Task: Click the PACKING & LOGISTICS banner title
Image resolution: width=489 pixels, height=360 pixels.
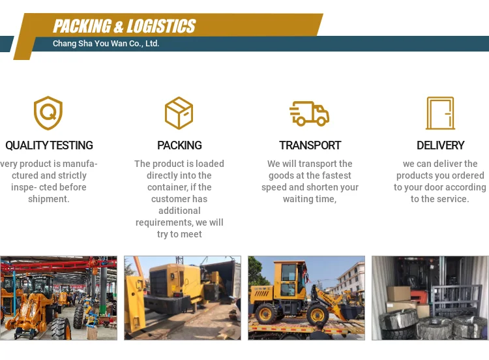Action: (x=124, y=26)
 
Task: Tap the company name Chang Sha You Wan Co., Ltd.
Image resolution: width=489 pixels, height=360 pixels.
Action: (x=106, y=44)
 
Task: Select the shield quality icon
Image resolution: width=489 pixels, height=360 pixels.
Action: (x=48, y=113)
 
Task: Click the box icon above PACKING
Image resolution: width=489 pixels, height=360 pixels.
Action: (x=179, y=113)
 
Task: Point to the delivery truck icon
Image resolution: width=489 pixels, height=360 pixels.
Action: (x=309, y=113)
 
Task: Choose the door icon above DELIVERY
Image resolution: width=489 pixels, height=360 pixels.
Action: (x=440, y=113)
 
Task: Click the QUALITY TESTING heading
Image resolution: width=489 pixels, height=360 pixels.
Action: (x=49, y=145)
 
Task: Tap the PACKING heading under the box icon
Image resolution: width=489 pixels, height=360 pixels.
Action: (x=179, y=145)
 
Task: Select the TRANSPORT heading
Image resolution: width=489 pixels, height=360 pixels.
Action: (x=310, y=145)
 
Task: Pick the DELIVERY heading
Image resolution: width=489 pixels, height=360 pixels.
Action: (x=440, y=145)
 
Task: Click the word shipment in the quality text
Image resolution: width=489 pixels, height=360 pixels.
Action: (x=48, y=199)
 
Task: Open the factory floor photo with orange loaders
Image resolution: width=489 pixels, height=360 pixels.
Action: (x=59, y=297)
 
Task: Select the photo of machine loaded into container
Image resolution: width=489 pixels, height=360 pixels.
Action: (x=182, y=297)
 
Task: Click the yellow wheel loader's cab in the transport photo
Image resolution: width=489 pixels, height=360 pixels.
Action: (x=293, y=277)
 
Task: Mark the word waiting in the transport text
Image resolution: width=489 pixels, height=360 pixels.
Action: (x=298, y=199)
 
